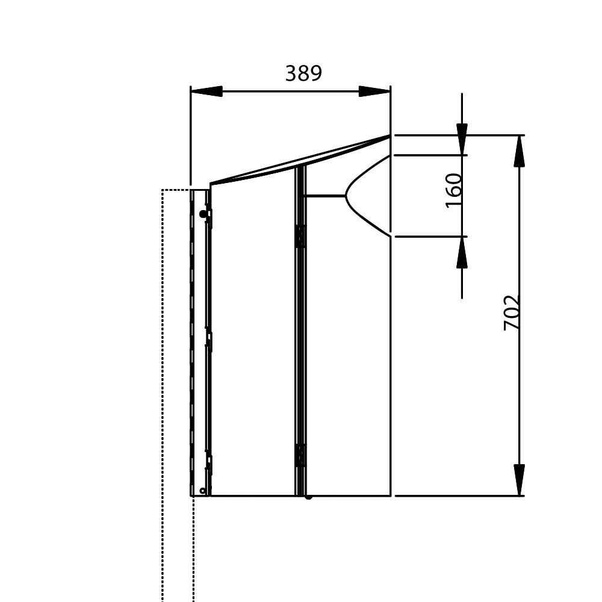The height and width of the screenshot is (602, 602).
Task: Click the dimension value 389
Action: point(303,73)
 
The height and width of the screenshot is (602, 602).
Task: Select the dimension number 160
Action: point(453,190)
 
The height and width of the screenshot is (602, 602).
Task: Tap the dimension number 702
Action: point(512,312)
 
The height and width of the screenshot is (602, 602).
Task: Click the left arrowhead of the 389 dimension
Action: point(206,92)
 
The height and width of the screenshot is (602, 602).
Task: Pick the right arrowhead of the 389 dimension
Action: point(374,92)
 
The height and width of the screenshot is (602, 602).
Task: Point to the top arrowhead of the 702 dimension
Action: point(519,151)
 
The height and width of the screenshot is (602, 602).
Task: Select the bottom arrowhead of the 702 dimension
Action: point(519,480)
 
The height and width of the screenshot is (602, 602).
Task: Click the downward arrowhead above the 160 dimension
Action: point(462,140)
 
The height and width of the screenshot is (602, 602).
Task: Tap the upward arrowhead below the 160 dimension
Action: point(462,252)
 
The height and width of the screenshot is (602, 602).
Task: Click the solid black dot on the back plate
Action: point(203,214)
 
